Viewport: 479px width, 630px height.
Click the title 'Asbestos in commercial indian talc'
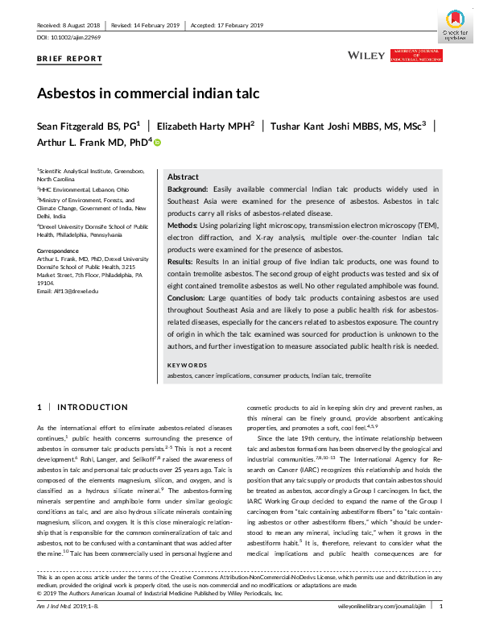tap(148, 93)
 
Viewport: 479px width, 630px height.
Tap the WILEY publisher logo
tap(365, 55)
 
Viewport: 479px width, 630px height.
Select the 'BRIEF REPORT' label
tap(70, 59)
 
